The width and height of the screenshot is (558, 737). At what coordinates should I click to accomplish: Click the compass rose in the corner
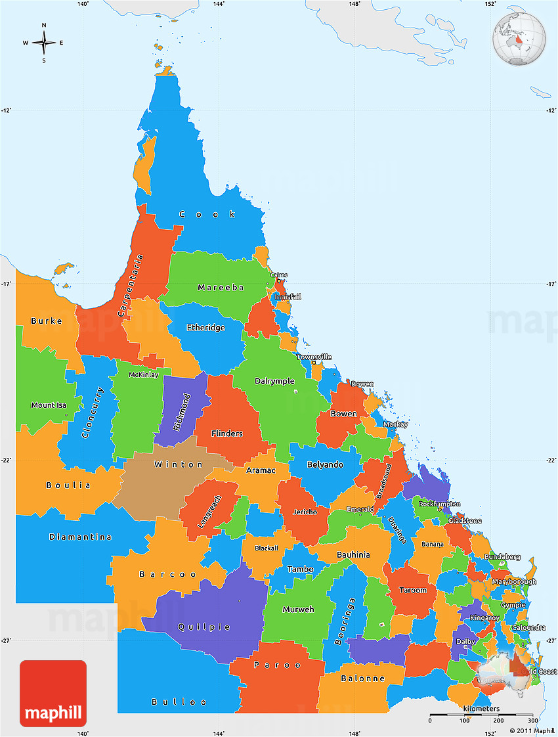[43, 43]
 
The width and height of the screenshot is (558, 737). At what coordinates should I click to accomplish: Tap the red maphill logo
[53, 693]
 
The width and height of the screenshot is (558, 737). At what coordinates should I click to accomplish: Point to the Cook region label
[207, 214]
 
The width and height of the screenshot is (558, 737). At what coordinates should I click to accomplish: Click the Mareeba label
[221, 288]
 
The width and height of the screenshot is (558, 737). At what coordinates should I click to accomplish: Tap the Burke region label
[47, 321]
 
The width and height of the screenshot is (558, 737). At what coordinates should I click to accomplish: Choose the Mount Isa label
[49, 405]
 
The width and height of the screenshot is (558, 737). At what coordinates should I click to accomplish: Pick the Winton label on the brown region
[179, 464]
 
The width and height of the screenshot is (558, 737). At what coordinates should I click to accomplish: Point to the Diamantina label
[80, 537]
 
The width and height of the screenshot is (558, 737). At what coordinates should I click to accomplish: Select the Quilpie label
[204, 627]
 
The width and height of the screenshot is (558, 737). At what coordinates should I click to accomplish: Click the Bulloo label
[174, 702]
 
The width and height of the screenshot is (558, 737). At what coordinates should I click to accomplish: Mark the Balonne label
[362, 679]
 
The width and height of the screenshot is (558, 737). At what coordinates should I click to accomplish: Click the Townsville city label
[314, 357]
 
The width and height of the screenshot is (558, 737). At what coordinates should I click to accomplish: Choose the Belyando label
[325, 465]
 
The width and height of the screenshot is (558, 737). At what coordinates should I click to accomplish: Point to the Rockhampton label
[439, 504]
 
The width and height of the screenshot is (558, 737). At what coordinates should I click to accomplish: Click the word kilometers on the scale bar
[481, 709]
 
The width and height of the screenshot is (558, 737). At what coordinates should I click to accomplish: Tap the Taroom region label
[414, 590]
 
